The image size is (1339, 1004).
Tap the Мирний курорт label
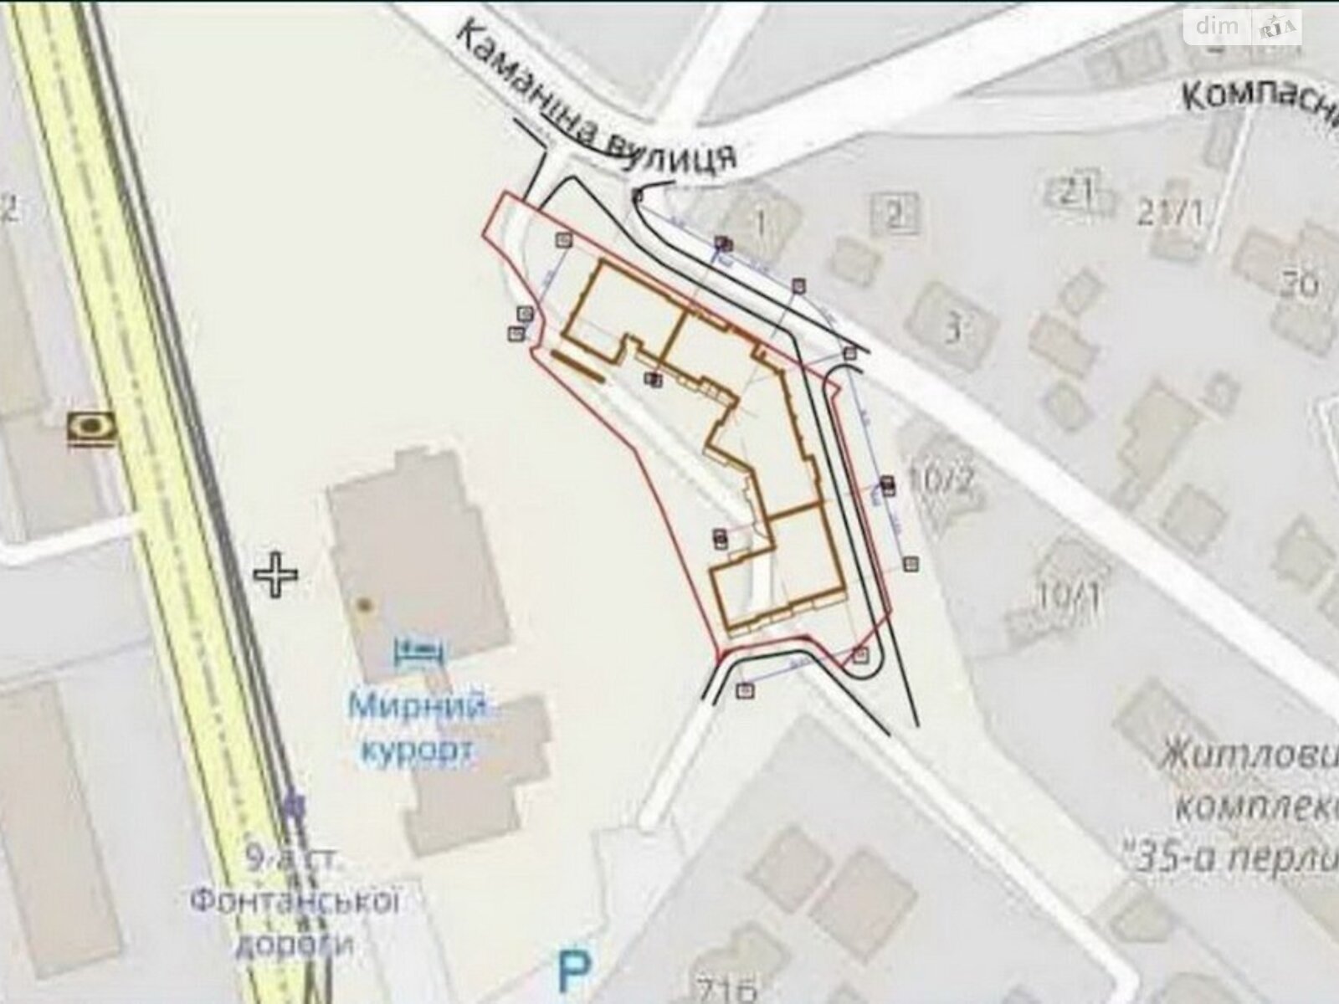(417, 729)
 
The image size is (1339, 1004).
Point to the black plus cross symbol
(276, 575)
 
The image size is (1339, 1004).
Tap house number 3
(952, 330)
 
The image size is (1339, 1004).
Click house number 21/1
(1170, 214)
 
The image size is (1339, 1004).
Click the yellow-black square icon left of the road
(92, 428)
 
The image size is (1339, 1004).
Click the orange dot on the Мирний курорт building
(362, 603)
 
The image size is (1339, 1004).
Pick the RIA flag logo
(1277, 28)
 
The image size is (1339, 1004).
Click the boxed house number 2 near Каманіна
(895, 216)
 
